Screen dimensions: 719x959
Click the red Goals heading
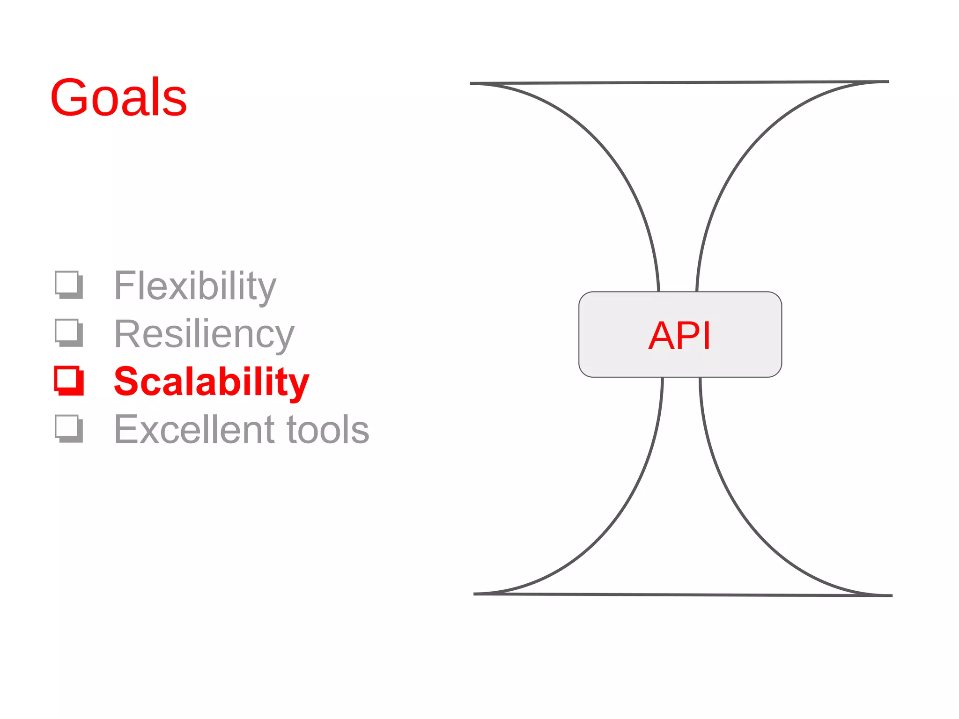118,97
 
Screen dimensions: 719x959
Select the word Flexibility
195,286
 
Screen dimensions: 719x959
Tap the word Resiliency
204,334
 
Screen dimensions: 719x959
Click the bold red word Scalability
211,382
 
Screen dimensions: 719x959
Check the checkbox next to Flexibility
69,284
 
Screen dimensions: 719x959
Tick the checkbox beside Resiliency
69,332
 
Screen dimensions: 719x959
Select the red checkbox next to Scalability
69,381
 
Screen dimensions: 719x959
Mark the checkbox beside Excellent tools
69,428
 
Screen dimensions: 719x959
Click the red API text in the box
679,335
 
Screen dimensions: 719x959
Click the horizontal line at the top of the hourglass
679,83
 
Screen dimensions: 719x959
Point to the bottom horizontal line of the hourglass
683,594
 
